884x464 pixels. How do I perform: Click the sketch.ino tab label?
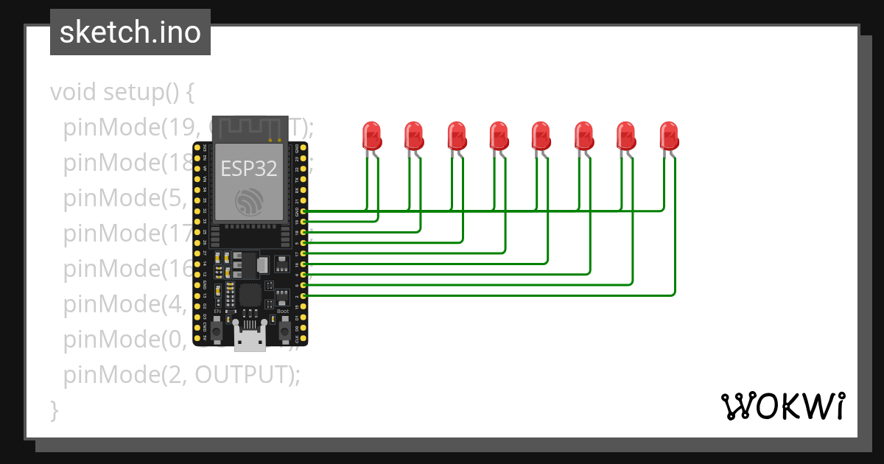[x=130, y=32]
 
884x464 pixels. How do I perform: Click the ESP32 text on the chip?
[x=249, y=169]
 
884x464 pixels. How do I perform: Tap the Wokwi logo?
[x=782, y=406]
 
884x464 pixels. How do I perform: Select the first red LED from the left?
[x=371, y=136]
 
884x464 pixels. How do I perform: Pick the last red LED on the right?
[x=669, y=136]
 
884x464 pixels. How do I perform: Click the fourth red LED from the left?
[x=499, y=136]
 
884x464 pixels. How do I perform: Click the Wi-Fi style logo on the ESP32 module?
[x=249, y=201]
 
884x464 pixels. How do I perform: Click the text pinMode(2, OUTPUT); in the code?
[x=182, y=375]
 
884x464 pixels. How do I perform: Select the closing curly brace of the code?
[x=54, y=409]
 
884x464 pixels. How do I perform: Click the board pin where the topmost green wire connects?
[x=304, y=211]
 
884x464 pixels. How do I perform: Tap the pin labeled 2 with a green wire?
[x=304, y=295]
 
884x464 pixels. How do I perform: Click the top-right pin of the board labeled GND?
[x=304, y=147]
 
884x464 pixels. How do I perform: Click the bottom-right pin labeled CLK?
[x=304, y=339]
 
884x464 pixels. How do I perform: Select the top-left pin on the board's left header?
[x=197, y=147]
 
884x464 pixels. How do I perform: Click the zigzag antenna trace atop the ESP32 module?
[x=249, y=127]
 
